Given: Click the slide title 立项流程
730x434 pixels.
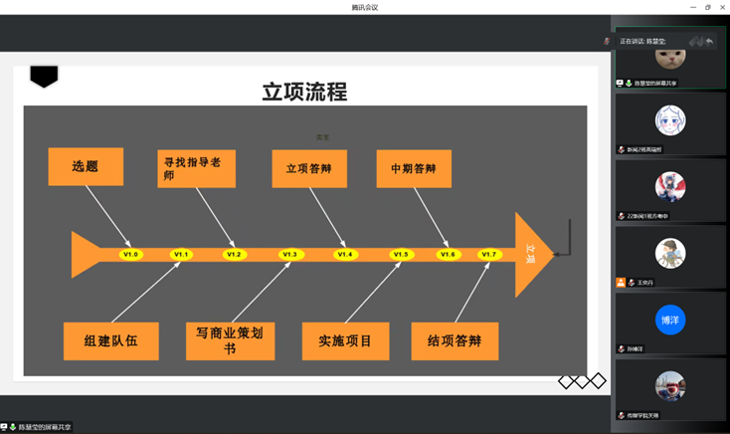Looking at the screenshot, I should (304, 92).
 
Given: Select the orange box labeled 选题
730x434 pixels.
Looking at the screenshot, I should (86, 166).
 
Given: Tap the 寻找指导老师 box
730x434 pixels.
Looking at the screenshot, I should (197, 167).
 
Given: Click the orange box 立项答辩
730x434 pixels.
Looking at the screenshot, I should (309, 168).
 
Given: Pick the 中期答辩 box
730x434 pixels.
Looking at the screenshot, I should (413, 168).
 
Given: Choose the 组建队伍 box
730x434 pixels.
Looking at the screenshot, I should (110, 340).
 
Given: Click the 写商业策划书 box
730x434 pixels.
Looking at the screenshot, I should (230, 340).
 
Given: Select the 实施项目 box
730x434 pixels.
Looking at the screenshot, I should (345, 340).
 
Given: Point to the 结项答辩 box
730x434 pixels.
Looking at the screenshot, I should (455, 340).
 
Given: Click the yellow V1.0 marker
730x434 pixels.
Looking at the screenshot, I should (130, 255).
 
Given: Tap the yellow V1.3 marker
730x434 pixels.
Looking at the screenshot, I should (289, 255).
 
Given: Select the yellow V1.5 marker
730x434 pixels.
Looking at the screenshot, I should (401, 255).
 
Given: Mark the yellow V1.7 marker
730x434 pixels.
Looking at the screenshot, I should (488, 255).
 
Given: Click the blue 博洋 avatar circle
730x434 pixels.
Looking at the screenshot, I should (670, 320).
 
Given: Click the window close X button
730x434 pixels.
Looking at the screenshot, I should (721, 7).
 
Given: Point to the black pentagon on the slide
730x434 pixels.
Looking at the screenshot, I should (44, 76).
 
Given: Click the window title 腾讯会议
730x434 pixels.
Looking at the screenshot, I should (364, 7).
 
